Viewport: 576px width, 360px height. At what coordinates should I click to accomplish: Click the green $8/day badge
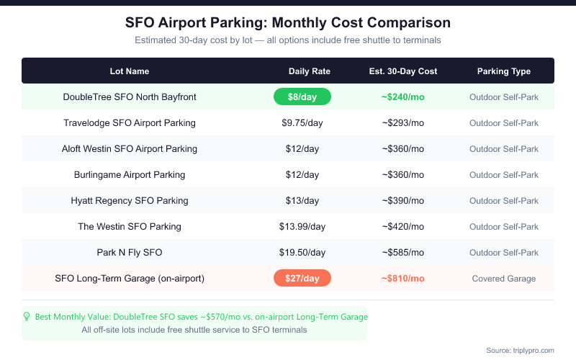[x=302, y=96]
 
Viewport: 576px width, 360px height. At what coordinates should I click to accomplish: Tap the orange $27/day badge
[x=302, y=278]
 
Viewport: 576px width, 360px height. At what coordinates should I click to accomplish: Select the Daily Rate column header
[x=310, y=71]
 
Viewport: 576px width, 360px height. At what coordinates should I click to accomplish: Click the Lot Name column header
[x=130, y=71]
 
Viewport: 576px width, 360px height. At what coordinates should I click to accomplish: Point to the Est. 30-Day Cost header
[x=403, y=71]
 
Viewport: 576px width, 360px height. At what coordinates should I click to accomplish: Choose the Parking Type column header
[x=504, y=71]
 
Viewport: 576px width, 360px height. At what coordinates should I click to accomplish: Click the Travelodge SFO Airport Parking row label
[x=130, y=122]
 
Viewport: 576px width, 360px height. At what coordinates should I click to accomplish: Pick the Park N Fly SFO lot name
[x=130, y=252]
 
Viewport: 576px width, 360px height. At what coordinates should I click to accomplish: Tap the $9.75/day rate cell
[x=302, y=122]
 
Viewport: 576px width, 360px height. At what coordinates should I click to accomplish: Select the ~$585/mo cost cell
[x=403, y=252]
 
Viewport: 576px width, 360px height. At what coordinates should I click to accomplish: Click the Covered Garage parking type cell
[x=504, y=278]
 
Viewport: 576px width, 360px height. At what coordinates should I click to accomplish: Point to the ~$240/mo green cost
[x=403, y=96]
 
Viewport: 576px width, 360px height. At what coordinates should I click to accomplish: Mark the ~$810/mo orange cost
[x=403, y=278]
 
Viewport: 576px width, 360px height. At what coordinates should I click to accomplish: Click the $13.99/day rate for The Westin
[x=302, y=226]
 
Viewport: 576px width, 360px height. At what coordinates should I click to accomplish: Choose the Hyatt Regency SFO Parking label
[x=130, y=200]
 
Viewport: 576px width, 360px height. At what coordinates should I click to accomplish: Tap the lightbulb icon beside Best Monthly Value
[x=27, y=316]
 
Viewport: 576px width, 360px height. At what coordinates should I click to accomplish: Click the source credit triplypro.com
[x=520, y=350]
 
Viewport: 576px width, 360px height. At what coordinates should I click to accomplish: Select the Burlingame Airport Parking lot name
[x=130, y=174]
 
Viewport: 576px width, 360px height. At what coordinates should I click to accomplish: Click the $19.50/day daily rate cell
[x=302, y=252]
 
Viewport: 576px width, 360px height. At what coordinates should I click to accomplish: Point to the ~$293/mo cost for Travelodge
[x=403, y=122]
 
